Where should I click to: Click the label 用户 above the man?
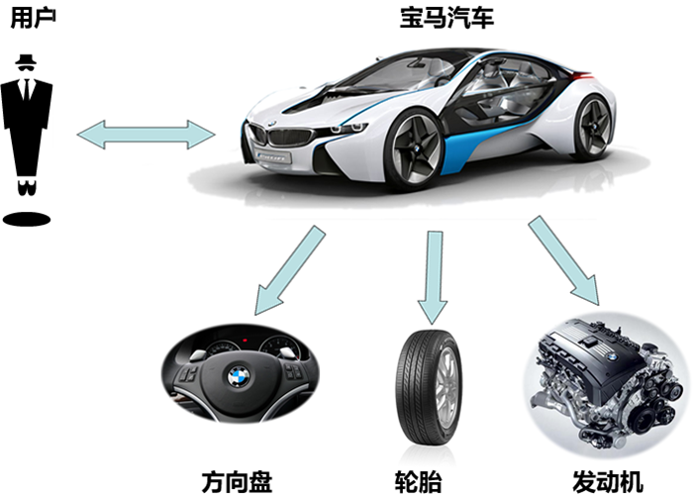pyautogui.click(x=33, y=18)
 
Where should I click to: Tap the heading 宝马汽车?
pyautogui.click(x=446, y=18)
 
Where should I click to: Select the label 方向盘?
pyautogui.click(x=237, y=482)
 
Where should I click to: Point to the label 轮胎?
pyautogui.click(x=418, y=482)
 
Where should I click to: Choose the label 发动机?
pyautogui.click(x=608, y=482)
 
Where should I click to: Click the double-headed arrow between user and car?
pyautogui.click(x=146, y=135)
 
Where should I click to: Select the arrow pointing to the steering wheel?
pyautogui.click(x=290, y=270)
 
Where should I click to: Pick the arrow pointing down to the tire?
pyautogui.click(x=434, y=277)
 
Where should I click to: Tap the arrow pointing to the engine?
pyautogui.click(x=564, y=260)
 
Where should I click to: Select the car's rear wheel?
pyautogui.click(x=594, y=127)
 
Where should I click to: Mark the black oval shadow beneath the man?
pyautogui.click(x=27, y=219)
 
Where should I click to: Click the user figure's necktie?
pyautogui.click(x=27, y=90)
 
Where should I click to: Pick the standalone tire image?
pyautogui.click(x=429, y=388)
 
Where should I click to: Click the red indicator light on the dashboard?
pyautogui.click(x=245, y=341)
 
